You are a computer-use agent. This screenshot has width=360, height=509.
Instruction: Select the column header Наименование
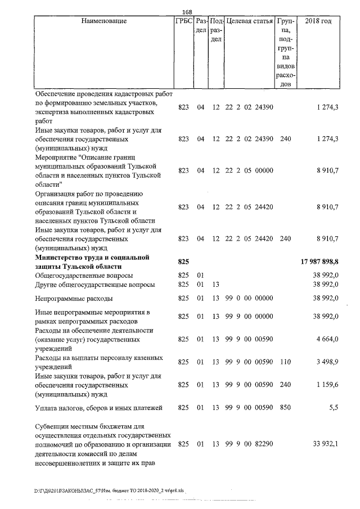tap(104, 21)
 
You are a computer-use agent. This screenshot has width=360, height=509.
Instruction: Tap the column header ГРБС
tap(183, 21)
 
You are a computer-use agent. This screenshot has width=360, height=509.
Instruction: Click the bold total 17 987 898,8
tap(318, 262)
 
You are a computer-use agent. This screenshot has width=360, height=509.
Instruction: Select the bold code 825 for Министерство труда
tap(183, 262)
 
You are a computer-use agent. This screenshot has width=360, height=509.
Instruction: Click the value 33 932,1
tap(325, 445)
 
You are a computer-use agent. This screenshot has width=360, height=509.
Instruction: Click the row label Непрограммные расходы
tap(74, 298)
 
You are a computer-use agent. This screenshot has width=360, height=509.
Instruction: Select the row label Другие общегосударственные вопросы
tap(95, 285)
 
